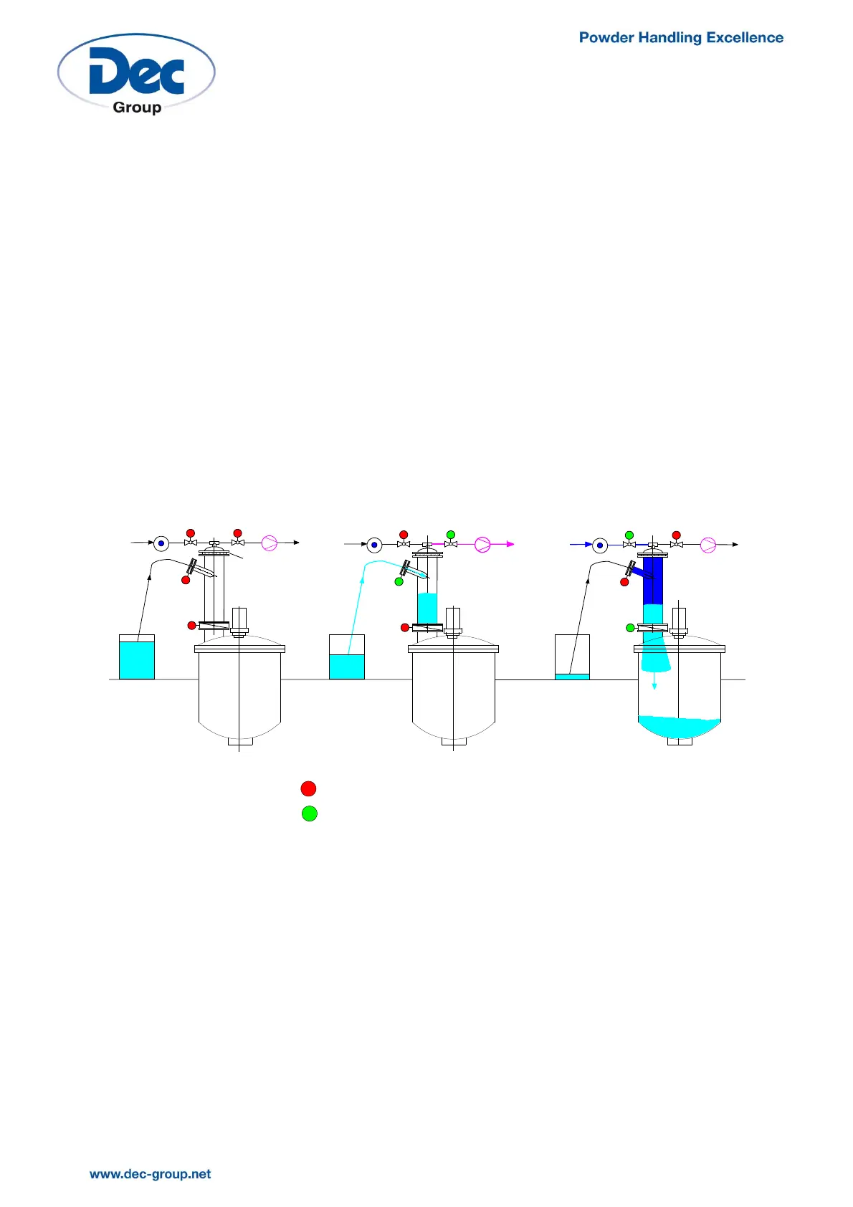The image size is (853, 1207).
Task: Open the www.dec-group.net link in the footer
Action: (151, 1174)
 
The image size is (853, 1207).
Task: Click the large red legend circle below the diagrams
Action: (308, 788)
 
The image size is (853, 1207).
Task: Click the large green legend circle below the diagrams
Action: (309, 814)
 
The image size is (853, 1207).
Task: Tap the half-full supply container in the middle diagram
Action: (346, 666)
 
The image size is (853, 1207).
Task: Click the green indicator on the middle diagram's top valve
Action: (451, 535)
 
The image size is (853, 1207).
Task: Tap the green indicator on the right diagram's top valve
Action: (629, 535)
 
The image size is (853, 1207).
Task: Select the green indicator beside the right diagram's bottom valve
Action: (631, 628)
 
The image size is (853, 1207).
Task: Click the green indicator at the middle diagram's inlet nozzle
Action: (399, 581)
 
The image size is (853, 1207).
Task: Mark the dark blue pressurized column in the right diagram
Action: (653, 581)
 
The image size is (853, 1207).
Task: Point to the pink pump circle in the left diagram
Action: (270, 543)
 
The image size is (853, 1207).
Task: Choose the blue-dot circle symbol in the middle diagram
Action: (374, 545)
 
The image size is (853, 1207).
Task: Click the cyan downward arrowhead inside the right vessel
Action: (654, 686)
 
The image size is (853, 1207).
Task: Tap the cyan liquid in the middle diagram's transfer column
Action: (427, 608)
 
